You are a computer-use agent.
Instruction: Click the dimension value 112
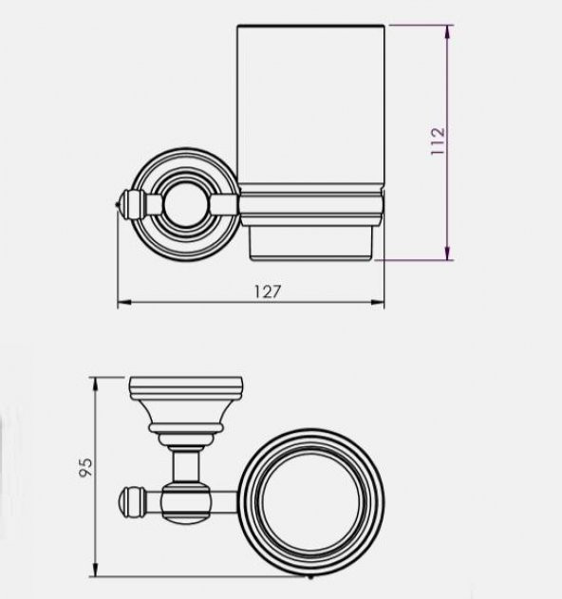[438, 141]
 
